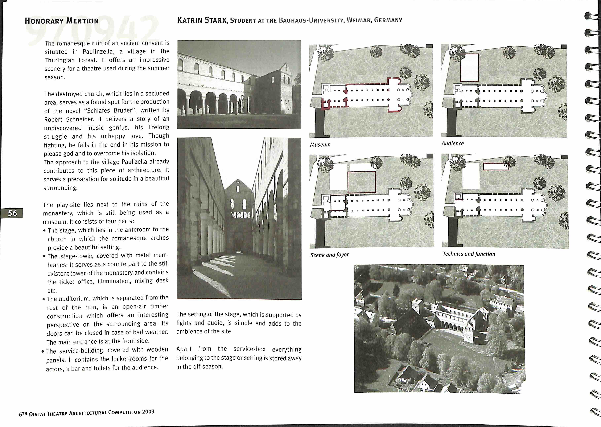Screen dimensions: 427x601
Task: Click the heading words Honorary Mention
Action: point(62,21)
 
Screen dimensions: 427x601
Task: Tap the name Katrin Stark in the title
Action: point(202,20)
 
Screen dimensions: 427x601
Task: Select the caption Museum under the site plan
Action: point(320,144)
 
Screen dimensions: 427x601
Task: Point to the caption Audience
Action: point(453,143)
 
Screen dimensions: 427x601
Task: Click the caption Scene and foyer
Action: point(329,255)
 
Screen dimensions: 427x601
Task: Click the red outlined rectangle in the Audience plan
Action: point(469,68)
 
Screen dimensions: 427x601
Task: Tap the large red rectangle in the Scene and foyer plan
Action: point(362,182)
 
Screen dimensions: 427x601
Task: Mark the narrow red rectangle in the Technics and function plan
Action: point(496,166)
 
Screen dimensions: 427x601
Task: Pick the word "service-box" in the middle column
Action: point(249,349)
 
